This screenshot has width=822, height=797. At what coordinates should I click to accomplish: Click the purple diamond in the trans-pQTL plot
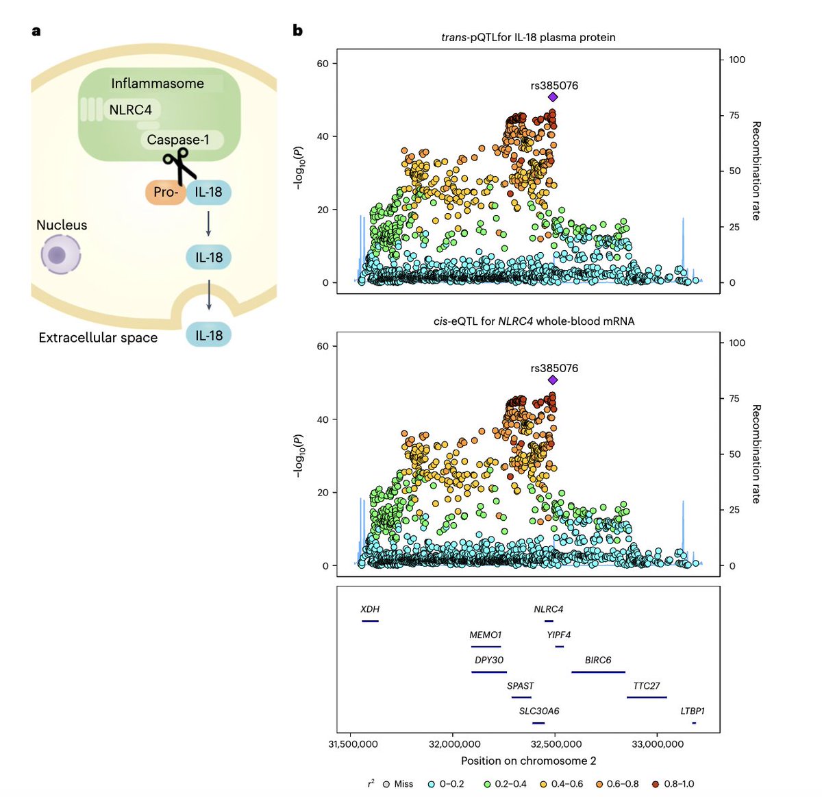coord(553,97)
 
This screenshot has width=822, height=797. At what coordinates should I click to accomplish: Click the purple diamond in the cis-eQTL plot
coord(553,380)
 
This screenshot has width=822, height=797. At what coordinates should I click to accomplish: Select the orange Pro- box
coord(165,193)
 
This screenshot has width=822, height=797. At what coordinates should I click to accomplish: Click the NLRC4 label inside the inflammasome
coord(131,110)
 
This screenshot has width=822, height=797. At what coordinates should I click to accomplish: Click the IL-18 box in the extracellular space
coord(209,335)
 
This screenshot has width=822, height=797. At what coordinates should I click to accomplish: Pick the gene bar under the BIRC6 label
coord(598,672)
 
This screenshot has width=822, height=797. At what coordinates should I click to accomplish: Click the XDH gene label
coord(370,609)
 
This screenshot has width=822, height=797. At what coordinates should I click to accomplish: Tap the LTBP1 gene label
coord(692,711)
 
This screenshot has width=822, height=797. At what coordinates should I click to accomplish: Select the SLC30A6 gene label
coord(539,711)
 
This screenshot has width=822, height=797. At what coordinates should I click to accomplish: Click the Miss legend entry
coord(398,783)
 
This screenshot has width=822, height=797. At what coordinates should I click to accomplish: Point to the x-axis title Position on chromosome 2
coord(528,761)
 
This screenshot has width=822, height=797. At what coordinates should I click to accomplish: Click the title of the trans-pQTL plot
coord(528,37)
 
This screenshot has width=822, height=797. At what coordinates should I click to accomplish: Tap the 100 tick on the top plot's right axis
coord(737,60)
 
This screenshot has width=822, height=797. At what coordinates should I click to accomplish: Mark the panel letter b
coord(297,30)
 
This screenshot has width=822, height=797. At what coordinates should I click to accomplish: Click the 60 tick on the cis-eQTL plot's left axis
coord(323,346)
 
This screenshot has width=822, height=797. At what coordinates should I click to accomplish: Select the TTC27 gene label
coord(647,685)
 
